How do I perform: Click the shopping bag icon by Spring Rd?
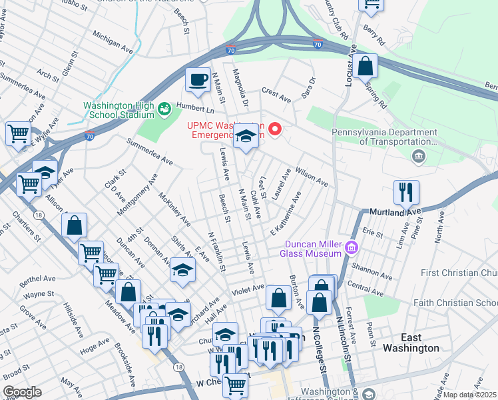[x=365, y=67]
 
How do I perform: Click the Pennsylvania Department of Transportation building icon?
[x=418, y=157]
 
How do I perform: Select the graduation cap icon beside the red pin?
[x=246, y=137]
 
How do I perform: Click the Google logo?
[x=22, y=392]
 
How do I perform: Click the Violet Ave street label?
[x=248, y=292]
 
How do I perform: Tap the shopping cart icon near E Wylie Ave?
[x=18, y=133]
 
